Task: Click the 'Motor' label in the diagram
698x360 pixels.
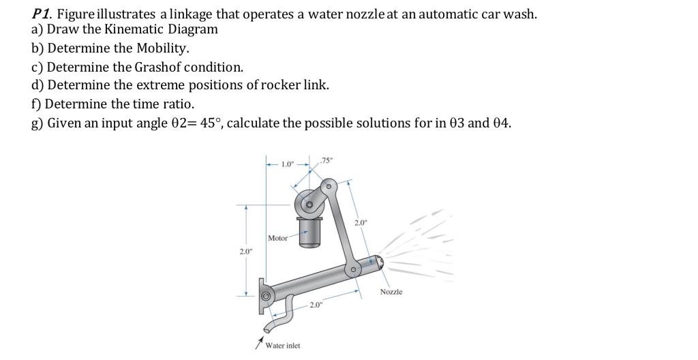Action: pyautogui.click(x=277, y=238)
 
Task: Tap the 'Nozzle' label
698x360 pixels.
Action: pyautogui.click(x=391, y=292)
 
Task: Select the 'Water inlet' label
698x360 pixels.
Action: pyautogui.click(x=282, y=346)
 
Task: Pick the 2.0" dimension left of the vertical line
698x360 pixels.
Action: pyautogui.click(x=245, y=252)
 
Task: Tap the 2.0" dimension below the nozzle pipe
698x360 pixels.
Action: pyautogui.click(x=316, y=305)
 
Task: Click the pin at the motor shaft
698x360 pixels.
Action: pyautogui.click(x=310, y=204)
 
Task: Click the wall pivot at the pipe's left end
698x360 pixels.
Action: pyautogui.click(x=265, y=295)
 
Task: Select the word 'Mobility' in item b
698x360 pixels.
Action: pyautogui.click(x=162, y=48)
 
